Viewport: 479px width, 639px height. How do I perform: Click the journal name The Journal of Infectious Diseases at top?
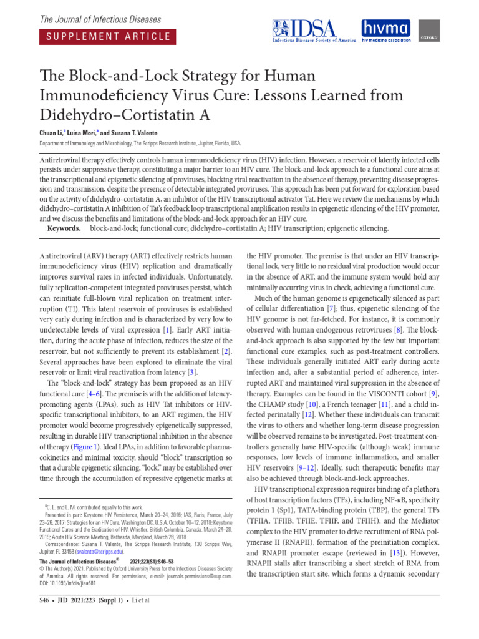click(100, 20)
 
